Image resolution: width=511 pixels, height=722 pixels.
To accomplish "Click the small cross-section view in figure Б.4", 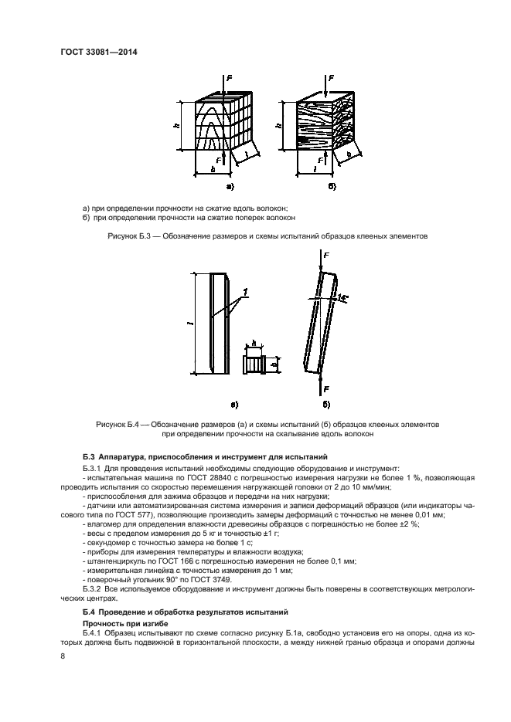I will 254,362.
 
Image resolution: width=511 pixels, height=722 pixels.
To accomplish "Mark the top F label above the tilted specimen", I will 325,255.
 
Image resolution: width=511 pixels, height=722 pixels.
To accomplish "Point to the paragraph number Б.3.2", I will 93,588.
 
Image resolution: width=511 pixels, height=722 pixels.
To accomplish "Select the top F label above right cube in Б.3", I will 332,78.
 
